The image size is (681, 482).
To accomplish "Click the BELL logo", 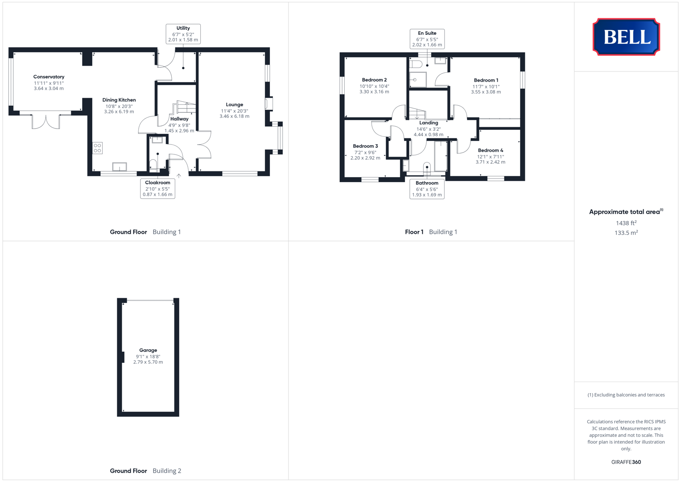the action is (626, 37).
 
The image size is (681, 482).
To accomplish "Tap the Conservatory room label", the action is (49, 77).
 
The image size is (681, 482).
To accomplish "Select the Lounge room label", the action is (235, 104).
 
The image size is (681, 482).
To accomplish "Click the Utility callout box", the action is (183, 34).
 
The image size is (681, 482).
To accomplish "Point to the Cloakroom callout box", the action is (157, 188).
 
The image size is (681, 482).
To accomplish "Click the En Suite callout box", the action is (427, 39).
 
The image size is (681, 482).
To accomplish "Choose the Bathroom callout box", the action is (427, 189).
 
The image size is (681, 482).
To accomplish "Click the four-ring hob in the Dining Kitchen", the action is (97, 148).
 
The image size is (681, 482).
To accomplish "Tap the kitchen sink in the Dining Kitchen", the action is (120, 167).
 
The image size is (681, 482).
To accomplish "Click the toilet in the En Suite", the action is (416, 64).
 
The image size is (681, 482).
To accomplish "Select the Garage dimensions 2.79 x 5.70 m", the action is (148, 362).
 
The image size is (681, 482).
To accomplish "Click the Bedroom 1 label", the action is (486, 80).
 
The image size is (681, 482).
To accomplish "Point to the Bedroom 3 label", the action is (365, 146).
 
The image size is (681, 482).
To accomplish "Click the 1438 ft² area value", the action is (626, 223).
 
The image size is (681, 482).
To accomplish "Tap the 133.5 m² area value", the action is (626, 233).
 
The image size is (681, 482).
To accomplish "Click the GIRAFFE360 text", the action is (626, 462).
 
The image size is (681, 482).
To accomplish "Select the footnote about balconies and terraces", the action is (626, 395).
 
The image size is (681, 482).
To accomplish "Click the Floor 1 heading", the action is (414, 232).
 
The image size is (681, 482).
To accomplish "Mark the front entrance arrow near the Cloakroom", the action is (179, 175).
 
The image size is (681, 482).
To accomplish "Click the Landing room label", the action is (429, 123).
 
